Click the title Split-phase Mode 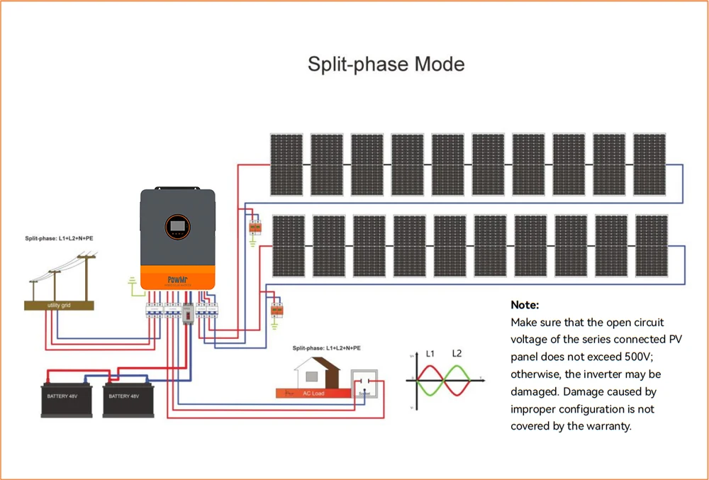pyautogui.click(x=386, y=65)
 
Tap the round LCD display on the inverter pyautogui.click(x=177, y=228)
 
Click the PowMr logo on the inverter pyautogui.click(x=177, y=279)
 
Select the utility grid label pyautogui.click(x=60, y=305)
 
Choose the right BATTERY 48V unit pyautogui.click(x=130, y=395)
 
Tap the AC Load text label pyautogui.click(x=313, y=393)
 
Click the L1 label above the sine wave pyautogui.click(x=431, y=353)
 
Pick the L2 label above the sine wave pyautogui.click(x=457, y=353)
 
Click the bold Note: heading pyautogui.click(x=525, y=305)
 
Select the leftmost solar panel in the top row pyautogui.click(x=286, y=164)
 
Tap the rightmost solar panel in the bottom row pyautogui.click(x=651, y=246)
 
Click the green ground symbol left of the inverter pyautogui.click(x=132, y=286)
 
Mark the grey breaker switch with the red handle pyautogui.click(x=188, y=313)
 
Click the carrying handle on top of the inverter pyautogui.click(x=177, y=189)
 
